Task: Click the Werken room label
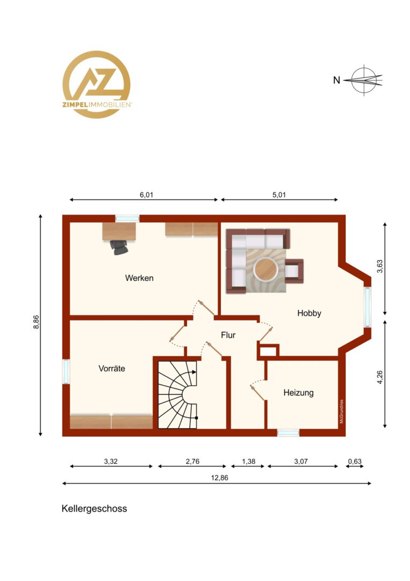[139, 278]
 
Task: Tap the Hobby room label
[309, 313]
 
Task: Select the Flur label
[228, 335]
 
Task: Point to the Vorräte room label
[112, 369]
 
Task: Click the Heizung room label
[298, 393]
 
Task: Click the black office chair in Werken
[119, 247]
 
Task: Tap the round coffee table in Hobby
[265, 268]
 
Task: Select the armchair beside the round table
[294, 271]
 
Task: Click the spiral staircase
[178, 394]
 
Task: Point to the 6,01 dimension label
[146, 195]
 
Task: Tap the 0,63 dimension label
[355, 462]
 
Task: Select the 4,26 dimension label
[380, 377]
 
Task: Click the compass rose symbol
[364, 80]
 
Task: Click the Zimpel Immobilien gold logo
[97, 84]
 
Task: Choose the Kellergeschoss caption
[95, 508]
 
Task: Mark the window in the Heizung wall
[288, 433]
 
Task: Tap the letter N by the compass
[336, 80]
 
